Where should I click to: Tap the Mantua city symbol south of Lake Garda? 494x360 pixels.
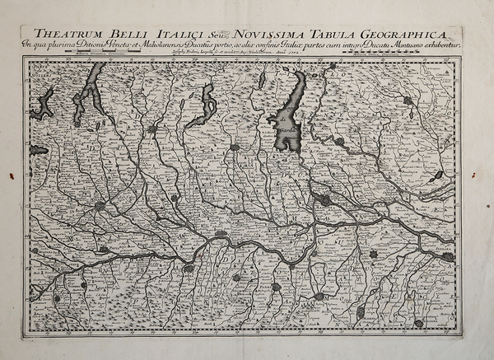tap(324, 200)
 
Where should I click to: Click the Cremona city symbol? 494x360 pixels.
tap(221, 234)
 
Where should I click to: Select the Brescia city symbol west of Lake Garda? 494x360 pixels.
tap(234, 147)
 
